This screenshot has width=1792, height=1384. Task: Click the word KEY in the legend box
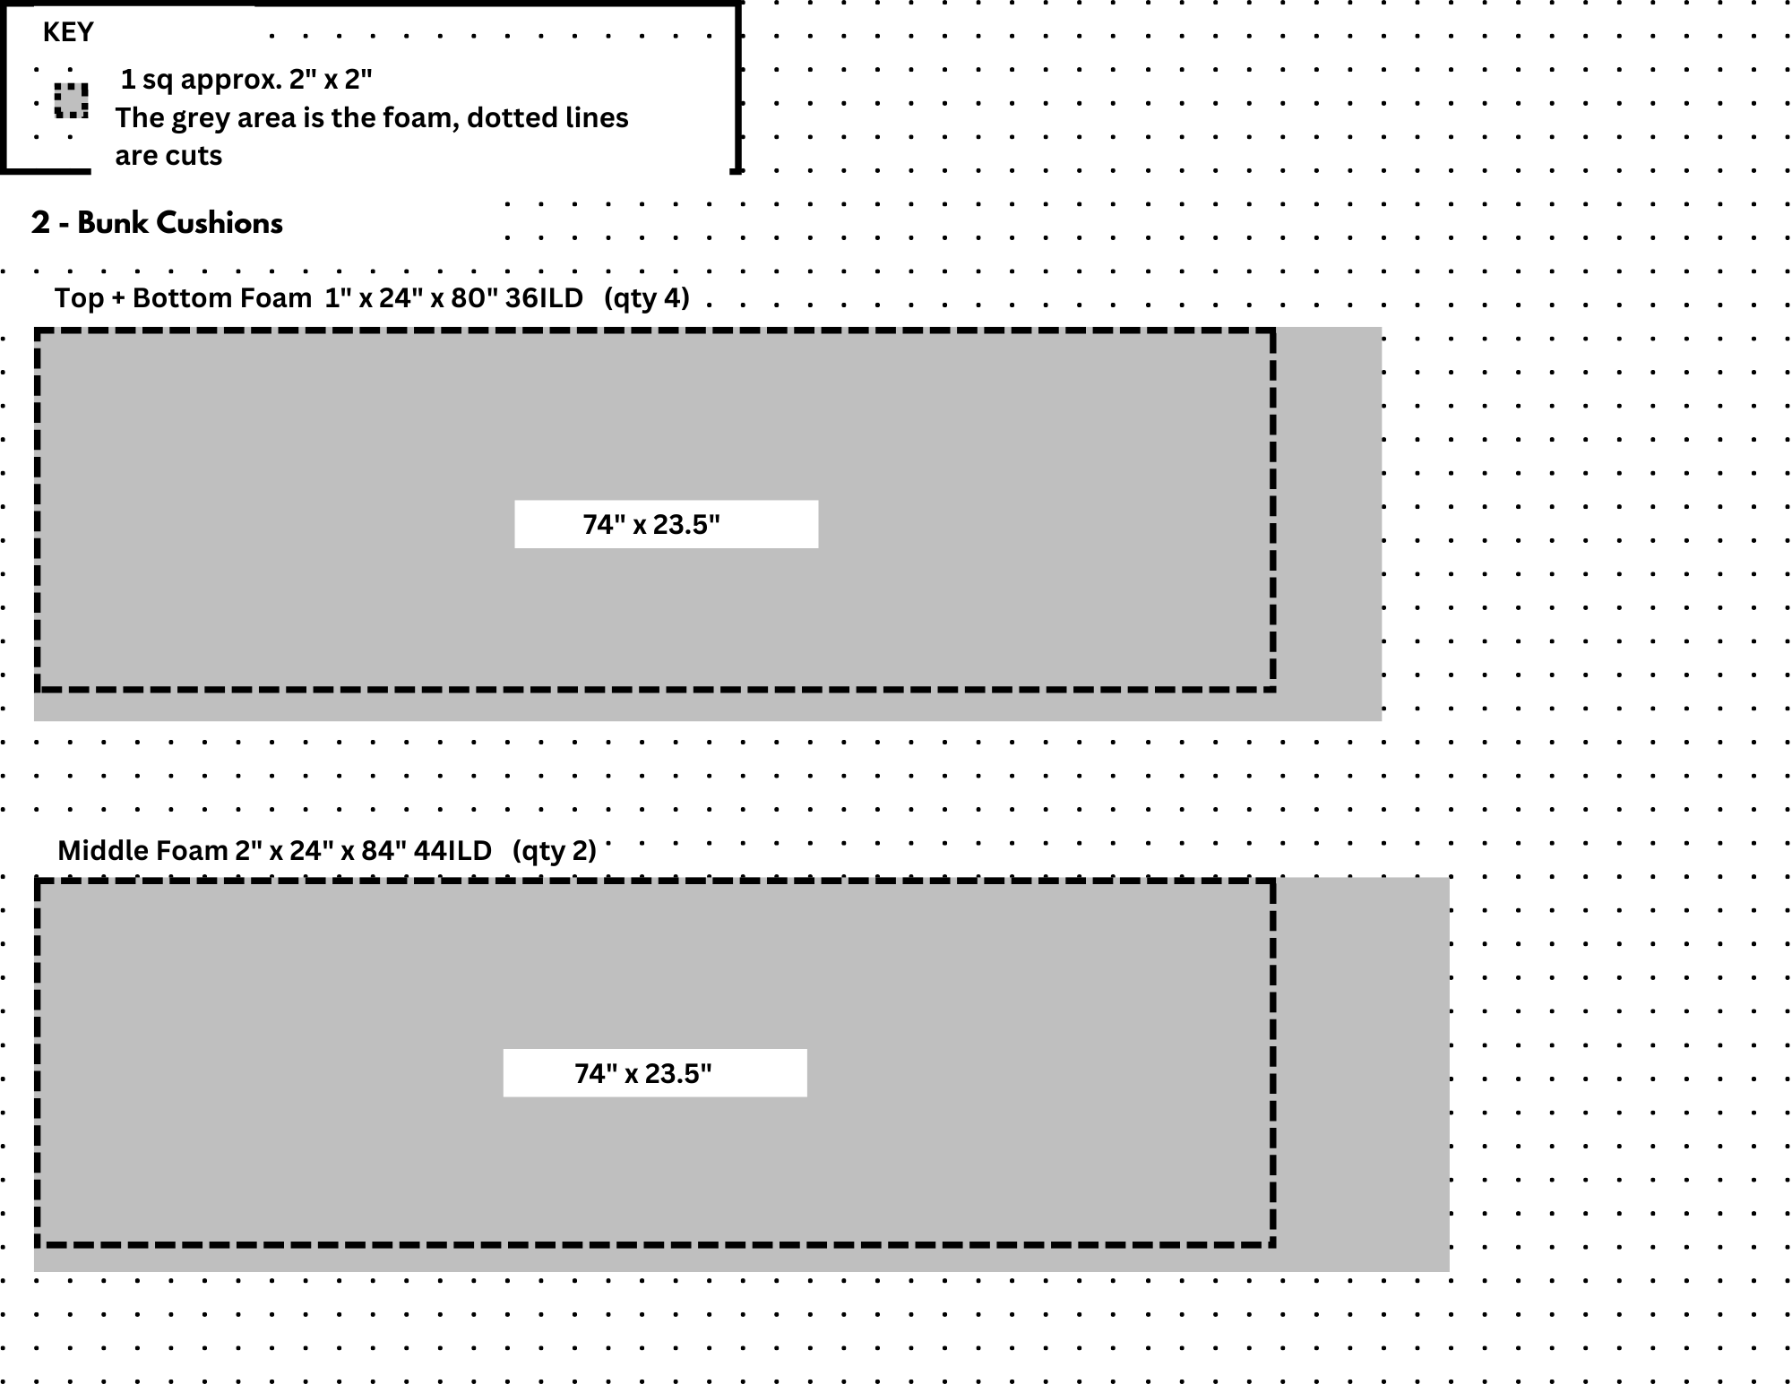click(x=68, y=32)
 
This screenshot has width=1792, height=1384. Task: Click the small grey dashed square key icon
click(x=72, y=100)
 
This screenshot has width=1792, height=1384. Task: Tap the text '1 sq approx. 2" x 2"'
click(x=246, y=80)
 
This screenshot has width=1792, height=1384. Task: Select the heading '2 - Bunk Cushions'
click(x=157, y=223)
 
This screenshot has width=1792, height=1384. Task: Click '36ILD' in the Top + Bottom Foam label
click(x=544, y=297)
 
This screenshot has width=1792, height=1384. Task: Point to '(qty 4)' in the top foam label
click(x=646, y=297)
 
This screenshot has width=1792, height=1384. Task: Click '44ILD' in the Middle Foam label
click(x=452, y=850)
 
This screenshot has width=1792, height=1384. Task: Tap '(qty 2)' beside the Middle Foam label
click(x=554, y=850)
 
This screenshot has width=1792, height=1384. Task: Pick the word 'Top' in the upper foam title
click(x=78, y=297)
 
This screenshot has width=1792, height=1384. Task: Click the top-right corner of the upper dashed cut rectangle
click(x=1273, y=331)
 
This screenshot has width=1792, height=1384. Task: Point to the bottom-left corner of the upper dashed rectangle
click(x=38, y=689)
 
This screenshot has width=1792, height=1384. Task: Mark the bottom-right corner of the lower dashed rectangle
click(x=1273, y=1244)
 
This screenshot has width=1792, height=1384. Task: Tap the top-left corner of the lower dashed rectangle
click(x=38, y=882)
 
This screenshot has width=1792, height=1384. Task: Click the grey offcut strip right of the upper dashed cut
click(x=1328, y=524)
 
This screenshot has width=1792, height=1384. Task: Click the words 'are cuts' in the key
click(x=168, y=156)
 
